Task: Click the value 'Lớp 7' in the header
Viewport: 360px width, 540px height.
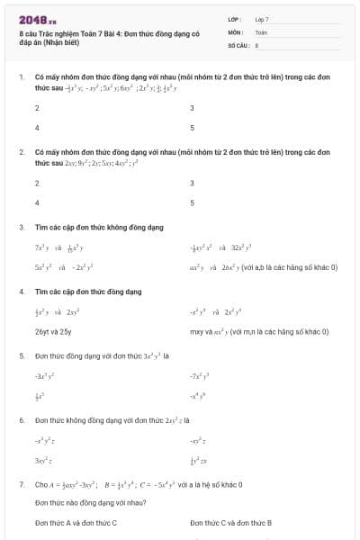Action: click(x=262, y=19)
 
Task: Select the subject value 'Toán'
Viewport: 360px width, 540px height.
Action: click(x=261, y=31)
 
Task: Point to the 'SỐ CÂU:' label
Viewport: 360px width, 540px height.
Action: click(x=237, y=44)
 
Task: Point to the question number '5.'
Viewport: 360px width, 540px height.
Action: click(x=22, y=356)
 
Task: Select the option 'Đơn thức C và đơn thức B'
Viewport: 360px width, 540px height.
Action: click(x=231, y=523)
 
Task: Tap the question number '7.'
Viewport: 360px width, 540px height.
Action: click(x=22, y=484)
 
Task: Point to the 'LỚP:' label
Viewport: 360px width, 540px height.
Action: click(x=235, y=19)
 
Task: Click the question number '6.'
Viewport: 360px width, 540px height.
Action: click(x=22, y=420)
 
